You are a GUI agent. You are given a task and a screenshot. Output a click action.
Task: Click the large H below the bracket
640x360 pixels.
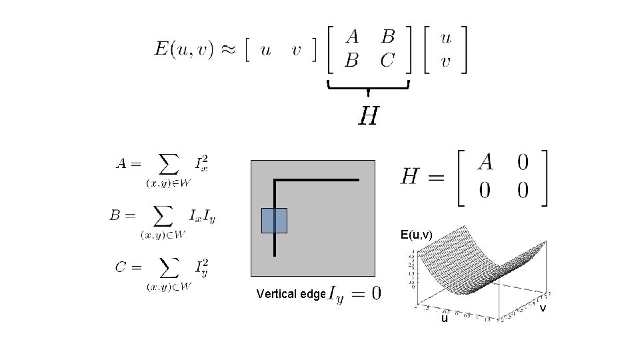(369, 117)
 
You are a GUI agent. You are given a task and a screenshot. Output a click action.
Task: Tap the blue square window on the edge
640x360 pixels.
(274, 221)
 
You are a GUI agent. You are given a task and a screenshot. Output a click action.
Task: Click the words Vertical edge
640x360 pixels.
(291, 294)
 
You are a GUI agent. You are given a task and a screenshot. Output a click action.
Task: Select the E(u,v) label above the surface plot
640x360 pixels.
(416, 234)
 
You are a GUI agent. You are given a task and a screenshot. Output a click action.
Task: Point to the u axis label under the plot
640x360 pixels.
(444, 319)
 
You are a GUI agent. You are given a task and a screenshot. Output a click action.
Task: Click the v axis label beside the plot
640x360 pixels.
(543, 308)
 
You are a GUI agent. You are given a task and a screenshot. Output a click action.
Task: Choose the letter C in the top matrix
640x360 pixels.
(387, 61)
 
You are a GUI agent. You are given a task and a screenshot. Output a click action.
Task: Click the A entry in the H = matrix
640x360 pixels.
(486, 161)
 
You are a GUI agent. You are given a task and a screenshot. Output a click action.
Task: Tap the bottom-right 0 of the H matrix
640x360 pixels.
(523, 191)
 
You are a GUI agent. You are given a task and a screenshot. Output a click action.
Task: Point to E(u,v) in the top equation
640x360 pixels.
(184, 49)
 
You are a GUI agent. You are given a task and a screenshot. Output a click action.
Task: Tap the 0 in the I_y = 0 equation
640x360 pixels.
(376, 293)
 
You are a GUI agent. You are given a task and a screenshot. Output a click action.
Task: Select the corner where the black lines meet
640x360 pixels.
(275, 180)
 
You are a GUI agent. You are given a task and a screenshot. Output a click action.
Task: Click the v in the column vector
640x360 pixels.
(445, 61)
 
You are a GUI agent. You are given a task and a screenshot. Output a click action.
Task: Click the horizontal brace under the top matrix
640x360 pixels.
(368, 86)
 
